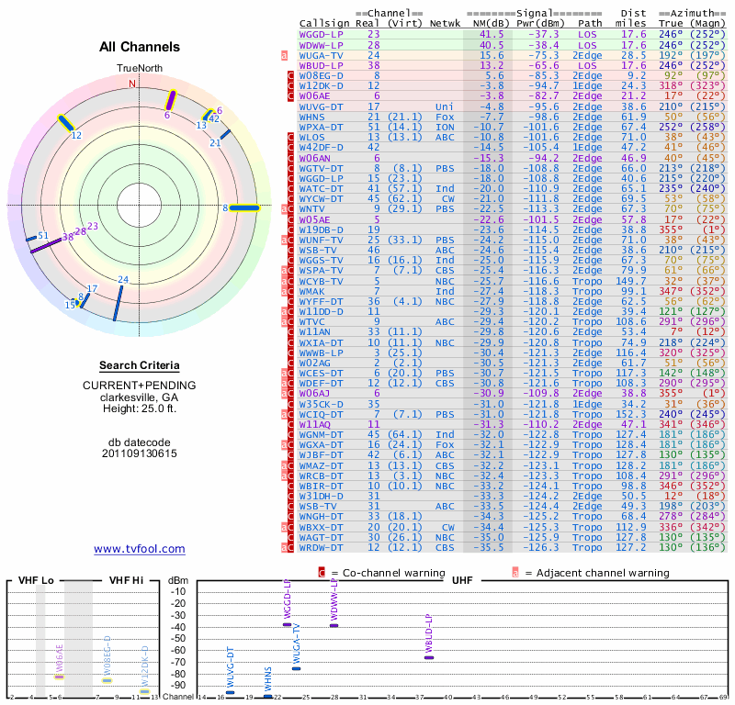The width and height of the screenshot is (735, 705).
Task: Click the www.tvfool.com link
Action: pos(140,549)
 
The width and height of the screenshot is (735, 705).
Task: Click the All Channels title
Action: pos(140,47)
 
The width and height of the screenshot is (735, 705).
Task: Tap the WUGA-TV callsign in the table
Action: pos(321,55)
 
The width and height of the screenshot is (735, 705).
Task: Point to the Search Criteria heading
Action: pos(140,364)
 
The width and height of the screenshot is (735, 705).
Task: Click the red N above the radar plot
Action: pos(132,84)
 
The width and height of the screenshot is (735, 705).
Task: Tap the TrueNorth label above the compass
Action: pos(139,69)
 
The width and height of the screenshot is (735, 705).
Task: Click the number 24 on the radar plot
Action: pos(123,279)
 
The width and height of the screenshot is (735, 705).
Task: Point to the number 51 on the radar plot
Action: pos(42,236)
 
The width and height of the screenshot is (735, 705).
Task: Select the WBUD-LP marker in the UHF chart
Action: pos(428,657)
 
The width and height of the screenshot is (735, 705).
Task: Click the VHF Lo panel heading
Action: pos(35,580)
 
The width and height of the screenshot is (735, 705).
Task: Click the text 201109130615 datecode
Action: pos(140,453)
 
